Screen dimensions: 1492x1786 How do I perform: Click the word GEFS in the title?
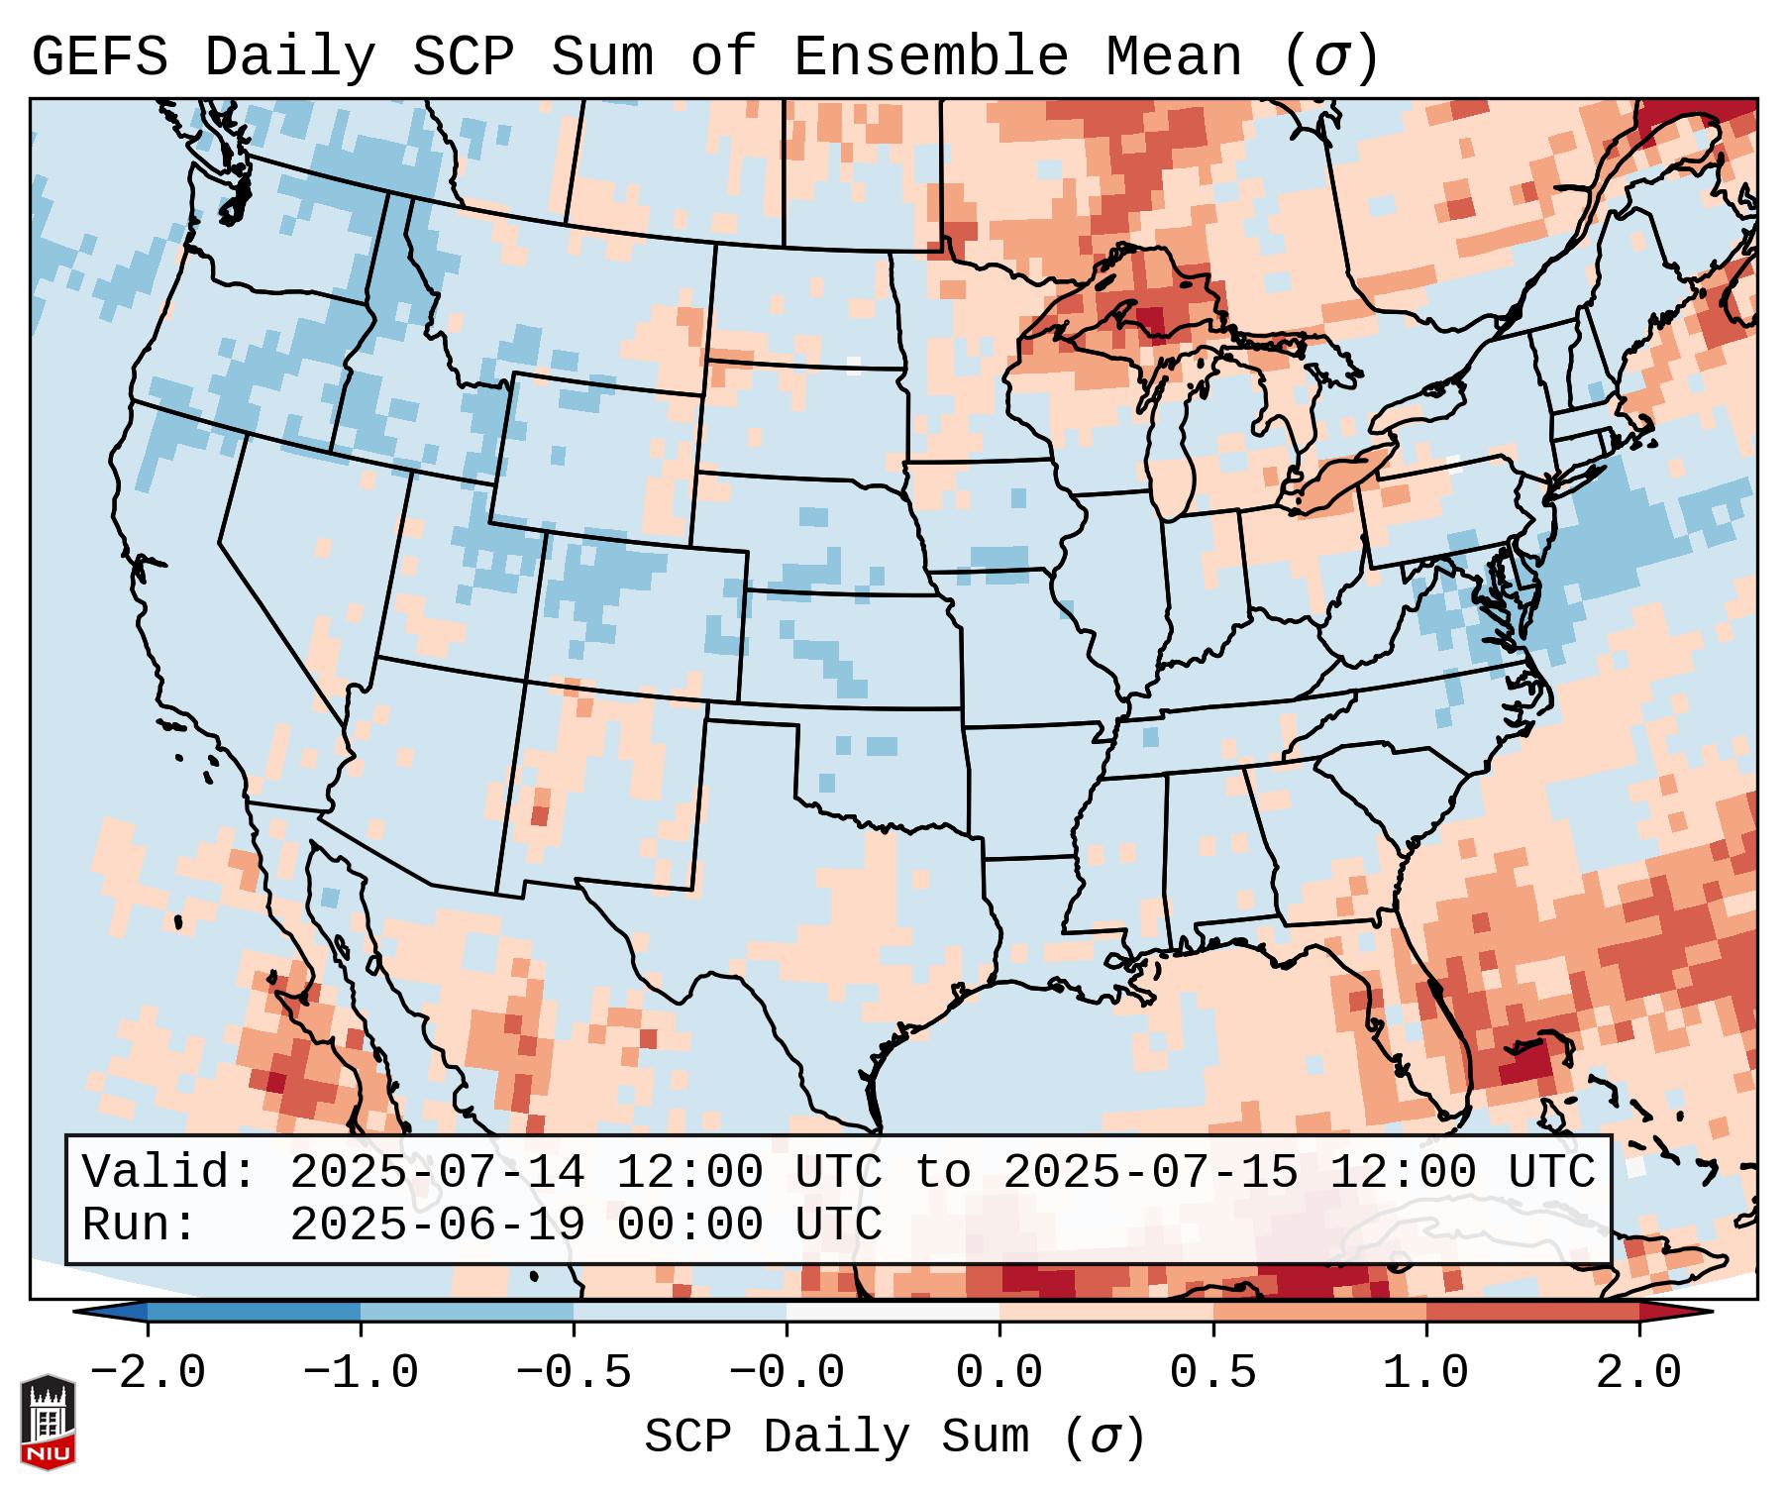[99, 57]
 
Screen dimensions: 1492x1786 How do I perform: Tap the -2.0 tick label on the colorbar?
[148, 1373]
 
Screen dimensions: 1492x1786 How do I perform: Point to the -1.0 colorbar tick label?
[361, 1373]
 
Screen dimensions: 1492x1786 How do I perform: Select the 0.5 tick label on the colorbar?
[1213, 1373]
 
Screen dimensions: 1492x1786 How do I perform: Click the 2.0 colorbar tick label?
[1639, 1373]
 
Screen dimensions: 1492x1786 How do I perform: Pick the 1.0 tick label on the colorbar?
[1426, 1373]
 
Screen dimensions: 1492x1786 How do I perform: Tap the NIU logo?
[48, 1422]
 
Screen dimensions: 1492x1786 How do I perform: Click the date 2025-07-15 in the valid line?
[1150, 1173]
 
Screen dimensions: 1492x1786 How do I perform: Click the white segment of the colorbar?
[893, 1312]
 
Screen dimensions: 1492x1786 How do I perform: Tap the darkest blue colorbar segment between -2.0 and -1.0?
[254, 1312]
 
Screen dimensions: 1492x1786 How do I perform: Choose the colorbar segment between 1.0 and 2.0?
[1532, 1312]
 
